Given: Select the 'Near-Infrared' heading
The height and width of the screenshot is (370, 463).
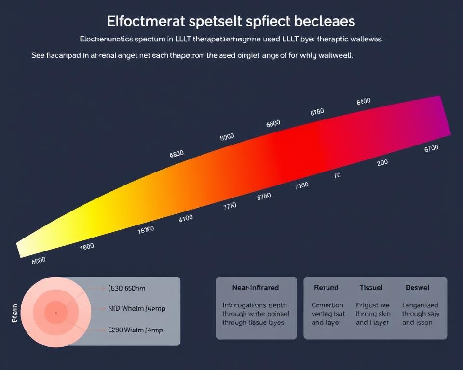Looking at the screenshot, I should pos(255,288).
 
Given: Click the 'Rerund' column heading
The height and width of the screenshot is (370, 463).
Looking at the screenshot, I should pos(326,288).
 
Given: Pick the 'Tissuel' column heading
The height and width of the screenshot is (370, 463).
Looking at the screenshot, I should pos(371,288).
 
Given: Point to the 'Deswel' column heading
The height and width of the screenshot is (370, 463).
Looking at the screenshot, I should pos(417,288).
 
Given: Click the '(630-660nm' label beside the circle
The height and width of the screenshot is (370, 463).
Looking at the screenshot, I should pos(127,289).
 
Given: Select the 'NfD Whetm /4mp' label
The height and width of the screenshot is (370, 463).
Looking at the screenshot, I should pos(136,309).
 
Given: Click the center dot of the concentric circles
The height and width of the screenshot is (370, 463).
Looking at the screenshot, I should pos(56,313).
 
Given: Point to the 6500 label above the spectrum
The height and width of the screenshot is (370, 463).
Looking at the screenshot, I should pos(177,154).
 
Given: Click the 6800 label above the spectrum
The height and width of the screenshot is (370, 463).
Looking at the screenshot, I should pos(273,124).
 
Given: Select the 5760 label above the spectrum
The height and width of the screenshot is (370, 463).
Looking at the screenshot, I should pos(317,112).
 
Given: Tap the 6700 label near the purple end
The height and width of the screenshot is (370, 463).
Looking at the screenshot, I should pos(431,149).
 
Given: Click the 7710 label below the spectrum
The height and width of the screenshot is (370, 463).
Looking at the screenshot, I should pos(230,206).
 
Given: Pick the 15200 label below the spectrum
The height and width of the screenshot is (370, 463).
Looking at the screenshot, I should pos(146,229).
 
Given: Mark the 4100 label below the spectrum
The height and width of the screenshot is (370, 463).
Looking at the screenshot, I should pos(186,218).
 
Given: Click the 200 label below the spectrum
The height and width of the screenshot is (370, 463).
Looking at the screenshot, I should pos(382,163).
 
